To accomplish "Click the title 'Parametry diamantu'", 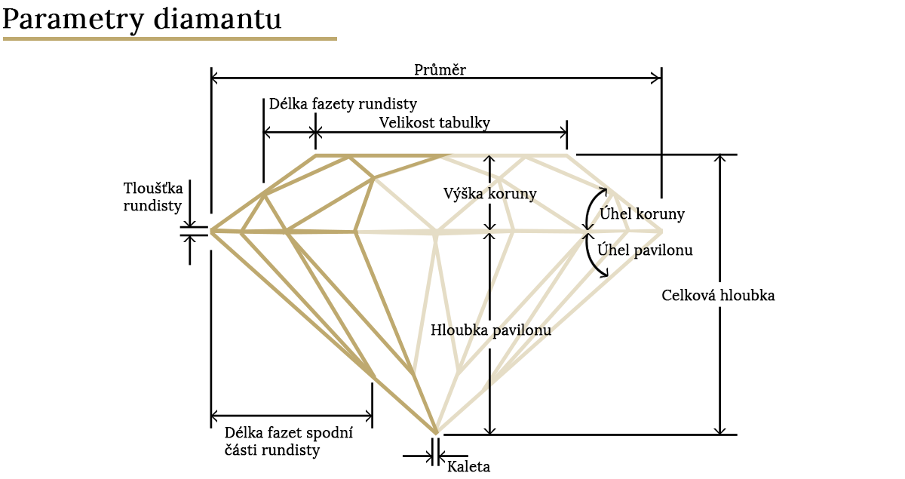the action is [x=142, y=20].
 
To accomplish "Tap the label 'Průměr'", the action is [x=440, y=69].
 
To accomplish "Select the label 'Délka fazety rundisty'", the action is [x=343, y=104].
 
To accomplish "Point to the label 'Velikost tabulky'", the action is [x=434, y=122].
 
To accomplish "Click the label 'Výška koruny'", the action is [x=489, y=194].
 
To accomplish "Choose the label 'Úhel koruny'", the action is [x=642, y=213].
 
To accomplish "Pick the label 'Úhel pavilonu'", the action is [x=645, y=250].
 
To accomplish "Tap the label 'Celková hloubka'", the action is [x=718, y=296].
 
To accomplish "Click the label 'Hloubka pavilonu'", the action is [x=491, y=330].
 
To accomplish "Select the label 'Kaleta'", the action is [x=468, y=467].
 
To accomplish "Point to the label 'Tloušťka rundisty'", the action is [x=152, y=197].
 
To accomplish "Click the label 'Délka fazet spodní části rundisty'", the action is [x=288, y=441].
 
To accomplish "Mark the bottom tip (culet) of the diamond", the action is [x=436, y=434].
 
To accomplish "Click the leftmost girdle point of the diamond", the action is [x=211, y=232].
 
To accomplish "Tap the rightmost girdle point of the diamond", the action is [x=662, y=232].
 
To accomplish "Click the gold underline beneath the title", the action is [x=170, y=38].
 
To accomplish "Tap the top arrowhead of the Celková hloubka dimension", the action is [x=720, y=159].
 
